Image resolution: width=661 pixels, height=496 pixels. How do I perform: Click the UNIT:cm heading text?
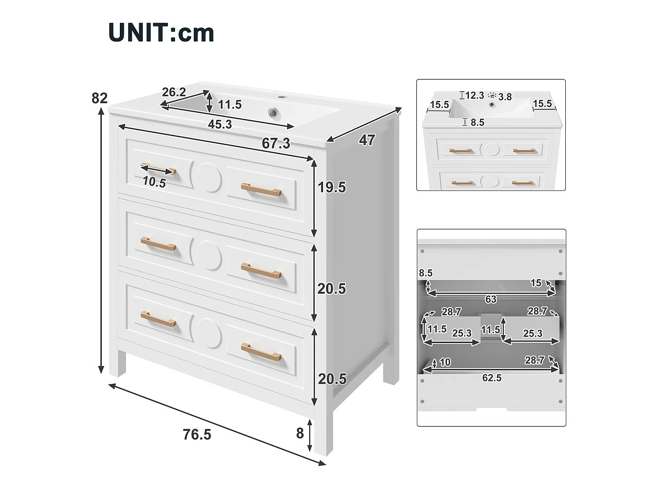click(x=161, y=33)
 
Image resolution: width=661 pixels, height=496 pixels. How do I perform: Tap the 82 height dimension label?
click(x=100, y=98)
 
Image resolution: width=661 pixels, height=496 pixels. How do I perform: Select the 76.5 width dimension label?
click(x=197, y=434)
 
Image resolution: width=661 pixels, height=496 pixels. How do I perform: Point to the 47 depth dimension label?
click(x=367, y=140)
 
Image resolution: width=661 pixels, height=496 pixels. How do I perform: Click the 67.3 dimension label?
click(x=276, y=143)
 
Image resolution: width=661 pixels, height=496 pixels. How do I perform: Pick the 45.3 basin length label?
click(x=220, y=124)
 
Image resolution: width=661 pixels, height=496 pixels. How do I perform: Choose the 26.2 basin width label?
click(x=174, y=92)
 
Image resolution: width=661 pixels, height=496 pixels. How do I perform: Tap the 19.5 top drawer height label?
click(x=332, y=187)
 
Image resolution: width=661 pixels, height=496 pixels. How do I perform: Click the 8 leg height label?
click(x=300, y=433)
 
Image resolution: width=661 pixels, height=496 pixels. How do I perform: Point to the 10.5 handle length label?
click(x=154, y=182)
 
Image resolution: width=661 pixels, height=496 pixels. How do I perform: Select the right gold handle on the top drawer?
click(x=261, y=190)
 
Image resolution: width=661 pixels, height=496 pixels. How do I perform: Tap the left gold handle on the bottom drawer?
click(x=158, y=319)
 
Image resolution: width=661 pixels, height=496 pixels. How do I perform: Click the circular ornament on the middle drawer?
click(x=209, y=255)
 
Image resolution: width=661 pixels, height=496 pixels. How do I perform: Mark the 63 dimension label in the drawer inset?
click(x=491, y=299)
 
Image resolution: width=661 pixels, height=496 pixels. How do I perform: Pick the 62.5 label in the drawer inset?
click(x=492, y=378)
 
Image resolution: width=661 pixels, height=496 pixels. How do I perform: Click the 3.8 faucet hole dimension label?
click(x=505, y=97)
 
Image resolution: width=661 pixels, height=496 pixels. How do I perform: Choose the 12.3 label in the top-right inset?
click(x=475, y=96)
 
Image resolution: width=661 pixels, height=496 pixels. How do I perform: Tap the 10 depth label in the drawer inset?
click(x=445, y=362)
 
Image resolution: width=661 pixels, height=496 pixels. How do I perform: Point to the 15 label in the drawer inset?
click(x=536, y=283)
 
